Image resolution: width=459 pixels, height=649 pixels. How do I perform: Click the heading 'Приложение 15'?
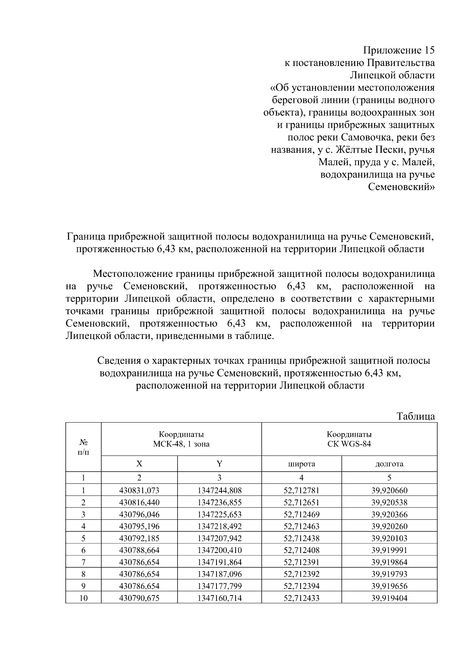click(399, 50)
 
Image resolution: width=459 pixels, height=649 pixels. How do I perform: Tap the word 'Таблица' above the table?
click(416, 416)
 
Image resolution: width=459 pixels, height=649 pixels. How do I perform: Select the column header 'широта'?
click(301, 464)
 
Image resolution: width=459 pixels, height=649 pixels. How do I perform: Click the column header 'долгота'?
click(389, 464)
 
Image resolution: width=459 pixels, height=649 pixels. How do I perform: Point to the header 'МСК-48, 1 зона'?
click(181, 444)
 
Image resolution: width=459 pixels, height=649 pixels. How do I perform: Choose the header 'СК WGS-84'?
click(349, 444)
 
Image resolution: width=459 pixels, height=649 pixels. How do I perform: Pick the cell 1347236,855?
click(220, 503)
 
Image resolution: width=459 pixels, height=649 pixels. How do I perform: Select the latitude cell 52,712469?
click(301, 514)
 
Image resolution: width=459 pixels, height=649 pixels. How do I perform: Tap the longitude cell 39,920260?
click(389, 526)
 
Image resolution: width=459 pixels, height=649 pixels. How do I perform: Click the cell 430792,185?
click(139, 538)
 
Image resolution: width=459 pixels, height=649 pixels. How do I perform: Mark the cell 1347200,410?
click(220, 550)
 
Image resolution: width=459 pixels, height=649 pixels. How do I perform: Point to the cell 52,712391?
click(301, 562)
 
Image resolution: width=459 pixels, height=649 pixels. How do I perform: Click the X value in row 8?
click(139, 574)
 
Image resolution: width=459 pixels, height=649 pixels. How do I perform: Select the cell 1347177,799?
click(220, 586)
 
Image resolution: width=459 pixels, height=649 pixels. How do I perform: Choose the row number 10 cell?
click(83, 598)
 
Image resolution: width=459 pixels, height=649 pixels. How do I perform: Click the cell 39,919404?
click(389, 598)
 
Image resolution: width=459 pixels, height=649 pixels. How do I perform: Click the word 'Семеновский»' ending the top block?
click(401, 187)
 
